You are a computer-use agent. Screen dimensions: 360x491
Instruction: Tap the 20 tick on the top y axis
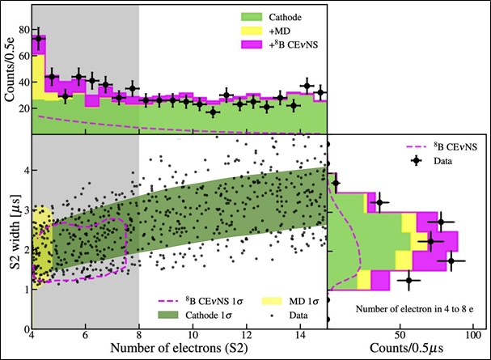23,108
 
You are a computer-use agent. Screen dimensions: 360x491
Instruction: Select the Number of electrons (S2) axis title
179,349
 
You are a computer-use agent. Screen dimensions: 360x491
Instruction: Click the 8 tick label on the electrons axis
139,335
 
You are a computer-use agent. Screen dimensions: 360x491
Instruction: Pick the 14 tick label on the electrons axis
301,335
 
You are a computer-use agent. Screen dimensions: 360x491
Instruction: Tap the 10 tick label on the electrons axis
193,335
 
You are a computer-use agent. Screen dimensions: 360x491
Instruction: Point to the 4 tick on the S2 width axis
24,171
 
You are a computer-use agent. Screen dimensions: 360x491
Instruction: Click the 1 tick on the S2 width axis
24,287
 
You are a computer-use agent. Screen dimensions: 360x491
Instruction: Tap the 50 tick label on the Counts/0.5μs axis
400,335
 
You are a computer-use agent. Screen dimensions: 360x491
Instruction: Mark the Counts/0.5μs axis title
408,349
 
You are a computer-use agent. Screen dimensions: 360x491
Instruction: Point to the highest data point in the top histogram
38,39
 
